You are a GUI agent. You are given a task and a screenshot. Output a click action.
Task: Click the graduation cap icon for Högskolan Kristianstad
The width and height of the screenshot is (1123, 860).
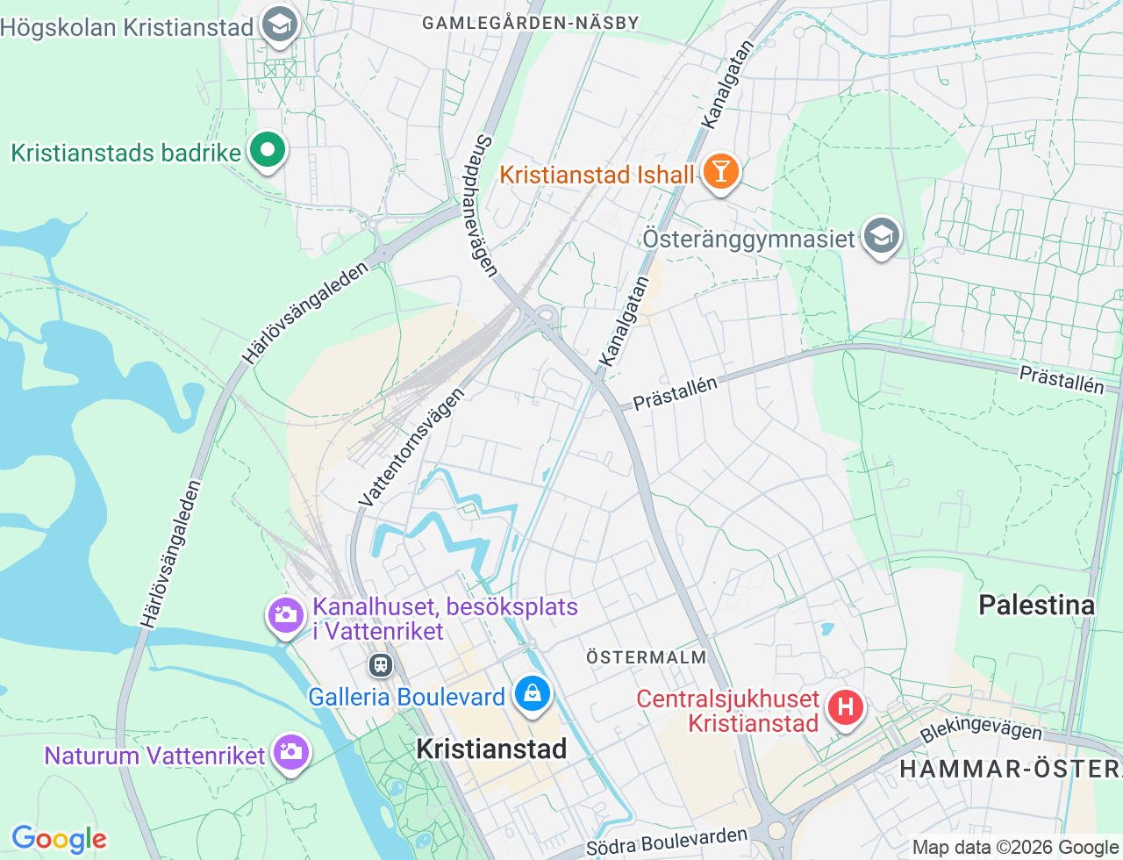point(280,25)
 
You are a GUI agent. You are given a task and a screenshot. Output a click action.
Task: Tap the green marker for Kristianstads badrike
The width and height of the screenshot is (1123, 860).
point(268,151)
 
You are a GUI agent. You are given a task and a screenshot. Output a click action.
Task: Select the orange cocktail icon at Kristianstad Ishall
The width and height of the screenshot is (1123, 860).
point(720,172)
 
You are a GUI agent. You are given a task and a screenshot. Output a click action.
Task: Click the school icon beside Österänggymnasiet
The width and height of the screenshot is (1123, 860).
point(881,236)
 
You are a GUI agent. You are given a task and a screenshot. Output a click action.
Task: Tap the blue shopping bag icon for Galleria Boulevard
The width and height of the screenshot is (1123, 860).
point(532,694)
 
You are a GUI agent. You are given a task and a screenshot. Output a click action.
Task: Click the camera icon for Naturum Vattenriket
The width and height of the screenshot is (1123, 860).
point(290,752)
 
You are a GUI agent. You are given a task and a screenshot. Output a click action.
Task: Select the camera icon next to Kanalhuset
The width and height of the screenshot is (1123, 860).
point(285,615)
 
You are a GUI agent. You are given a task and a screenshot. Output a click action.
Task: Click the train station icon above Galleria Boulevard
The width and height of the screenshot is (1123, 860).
point(381,664)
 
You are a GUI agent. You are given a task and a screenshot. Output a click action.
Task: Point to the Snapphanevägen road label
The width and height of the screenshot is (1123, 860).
point(479,205)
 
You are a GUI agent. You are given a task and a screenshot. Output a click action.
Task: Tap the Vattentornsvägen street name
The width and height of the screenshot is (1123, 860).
point(411,448)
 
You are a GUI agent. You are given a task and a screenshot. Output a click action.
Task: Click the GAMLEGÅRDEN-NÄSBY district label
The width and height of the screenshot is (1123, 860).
point(531,23)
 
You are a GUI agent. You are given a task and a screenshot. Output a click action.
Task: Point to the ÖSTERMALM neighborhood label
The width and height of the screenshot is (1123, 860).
point(646,657)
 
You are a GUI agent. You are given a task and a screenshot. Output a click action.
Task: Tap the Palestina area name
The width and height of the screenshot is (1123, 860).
point(1036,605)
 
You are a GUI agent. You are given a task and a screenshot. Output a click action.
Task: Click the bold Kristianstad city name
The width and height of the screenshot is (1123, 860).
point(491,749)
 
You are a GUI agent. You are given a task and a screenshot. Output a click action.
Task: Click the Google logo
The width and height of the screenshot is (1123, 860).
point(59,839)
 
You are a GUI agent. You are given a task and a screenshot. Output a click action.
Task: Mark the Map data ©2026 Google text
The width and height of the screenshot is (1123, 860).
point(1015,847)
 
